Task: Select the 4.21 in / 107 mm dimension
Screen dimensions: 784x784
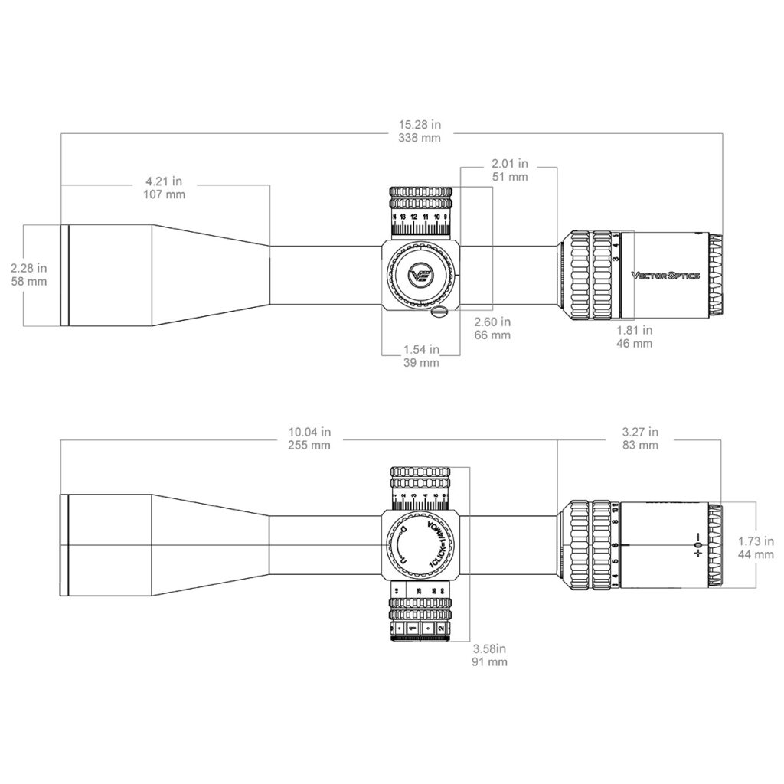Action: (x=165, y=188)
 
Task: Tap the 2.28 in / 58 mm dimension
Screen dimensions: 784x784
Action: (x=29, y=274)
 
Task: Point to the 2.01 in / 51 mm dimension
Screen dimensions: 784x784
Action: (x=509, y=169)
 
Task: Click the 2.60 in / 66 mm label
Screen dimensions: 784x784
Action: (x=492, y=328)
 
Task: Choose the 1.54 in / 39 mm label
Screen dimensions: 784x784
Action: (x=420, y=356)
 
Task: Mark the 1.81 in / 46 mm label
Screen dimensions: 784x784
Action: (x=634, y=337)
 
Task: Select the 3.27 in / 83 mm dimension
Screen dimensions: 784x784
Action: (x=639, y=438)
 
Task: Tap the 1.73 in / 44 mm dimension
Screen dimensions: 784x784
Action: (x=755, y=547)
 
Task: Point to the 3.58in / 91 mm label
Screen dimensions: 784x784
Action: (x=491, y=655)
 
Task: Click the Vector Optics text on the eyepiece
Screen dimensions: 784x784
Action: (x=665, y=275)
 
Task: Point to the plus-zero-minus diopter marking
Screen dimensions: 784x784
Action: (x=697, y=545)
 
